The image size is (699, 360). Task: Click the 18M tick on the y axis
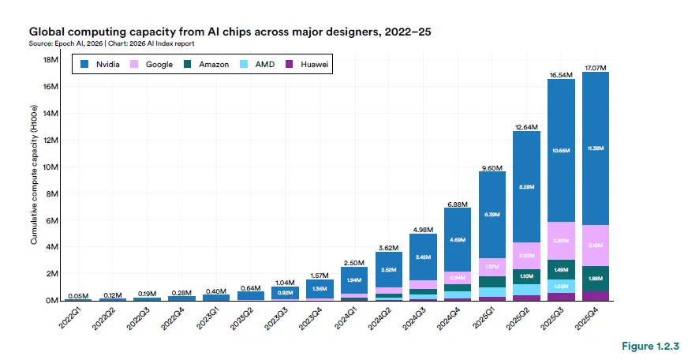pos(49,60)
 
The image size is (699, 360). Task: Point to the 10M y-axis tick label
pos(49,167)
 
